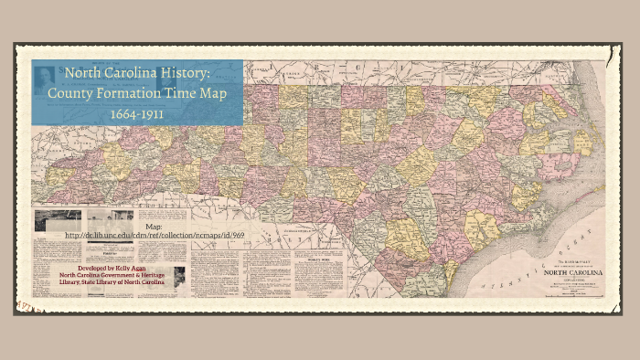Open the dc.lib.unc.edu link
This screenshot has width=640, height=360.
155,236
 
